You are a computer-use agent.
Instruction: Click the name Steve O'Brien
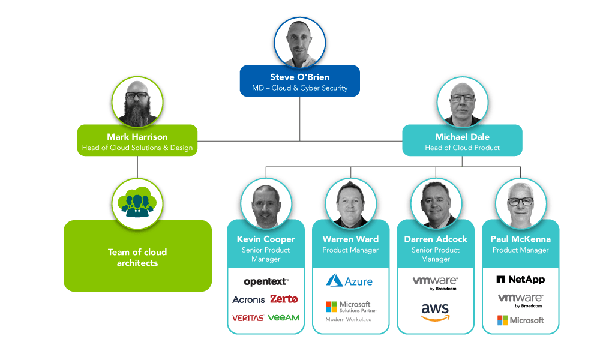click(299, 77)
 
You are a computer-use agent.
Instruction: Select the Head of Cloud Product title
click(462, 148)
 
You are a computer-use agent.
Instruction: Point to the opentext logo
click(266, 281)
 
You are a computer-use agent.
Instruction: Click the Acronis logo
click(248, 299)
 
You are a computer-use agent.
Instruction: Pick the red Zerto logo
click(284, 299)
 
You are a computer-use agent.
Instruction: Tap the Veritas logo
click(248, 318)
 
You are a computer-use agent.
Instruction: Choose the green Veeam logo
click(284, 317)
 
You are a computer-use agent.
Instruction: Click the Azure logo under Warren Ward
click(350, 281)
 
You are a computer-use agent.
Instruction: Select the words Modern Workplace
click(349, 320)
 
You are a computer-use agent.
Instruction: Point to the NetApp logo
click(520, 280)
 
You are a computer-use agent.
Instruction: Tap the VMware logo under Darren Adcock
click(435, 283)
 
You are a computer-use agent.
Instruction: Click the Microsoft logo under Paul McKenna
click(520, 320)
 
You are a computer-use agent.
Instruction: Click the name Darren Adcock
click(436, 239)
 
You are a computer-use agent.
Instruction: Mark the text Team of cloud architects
click(137, 257)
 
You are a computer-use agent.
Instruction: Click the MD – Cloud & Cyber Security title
click(299, 88)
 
